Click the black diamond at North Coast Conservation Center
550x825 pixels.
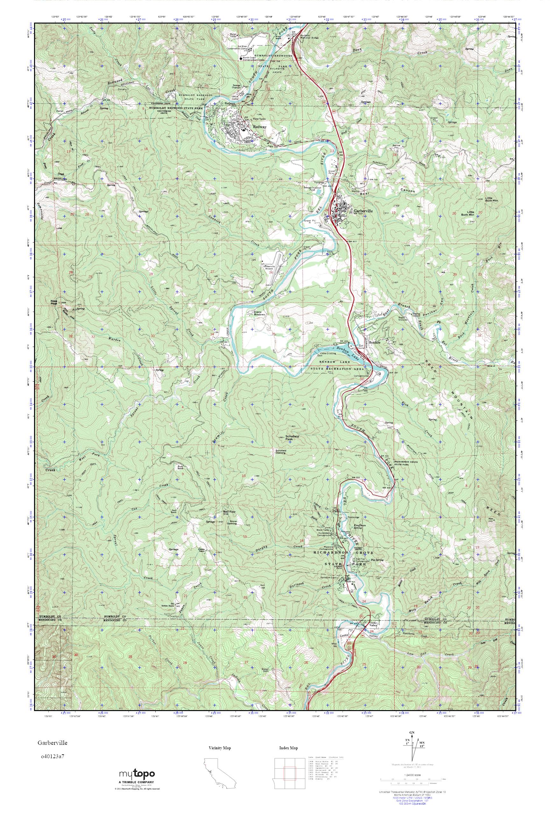[241, 58]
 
